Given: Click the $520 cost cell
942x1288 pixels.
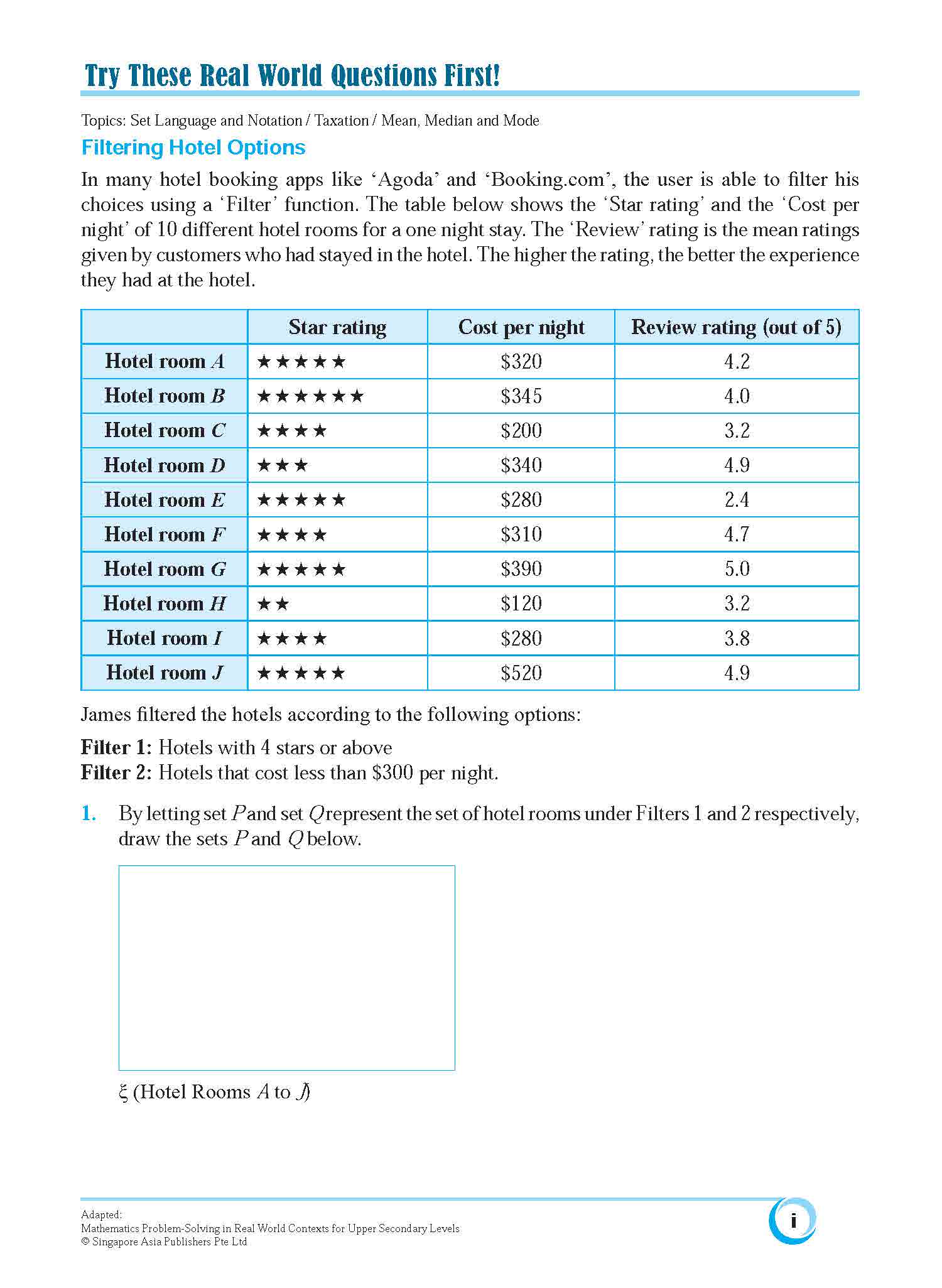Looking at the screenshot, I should [521, 673].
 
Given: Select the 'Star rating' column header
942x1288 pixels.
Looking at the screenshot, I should [337, 327].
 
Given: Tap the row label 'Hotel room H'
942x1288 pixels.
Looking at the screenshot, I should [165, 603].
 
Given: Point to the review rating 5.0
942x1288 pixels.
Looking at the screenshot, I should [737, 569].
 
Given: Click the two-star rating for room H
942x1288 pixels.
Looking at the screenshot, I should [273, 604].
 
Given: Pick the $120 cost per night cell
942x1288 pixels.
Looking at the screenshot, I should [521, 603].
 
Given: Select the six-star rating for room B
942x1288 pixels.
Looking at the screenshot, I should [310, 396].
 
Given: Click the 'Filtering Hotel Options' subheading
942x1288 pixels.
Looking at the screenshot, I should [193, 148].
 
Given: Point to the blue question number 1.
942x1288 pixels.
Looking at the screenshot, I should [89, 814].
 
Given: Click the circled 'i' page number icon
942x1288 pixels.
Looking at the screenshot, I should [793, 1220].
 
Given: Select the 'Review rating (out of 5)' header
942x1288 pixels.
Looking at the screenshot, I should [736, 327].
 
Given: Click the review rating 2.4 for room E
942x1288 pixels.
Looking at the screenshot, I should [737, 500].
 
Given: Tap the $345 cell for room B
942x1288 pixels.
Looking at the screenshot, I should [521, 396].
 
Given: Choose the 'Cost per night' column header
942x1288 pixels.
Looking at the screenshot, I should [521, 327].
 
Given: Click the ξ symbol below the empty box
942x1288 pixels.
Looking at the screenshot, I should [123, 1092].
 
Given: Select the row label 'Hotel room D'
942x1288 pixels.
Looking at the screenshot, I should [165, 465].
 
